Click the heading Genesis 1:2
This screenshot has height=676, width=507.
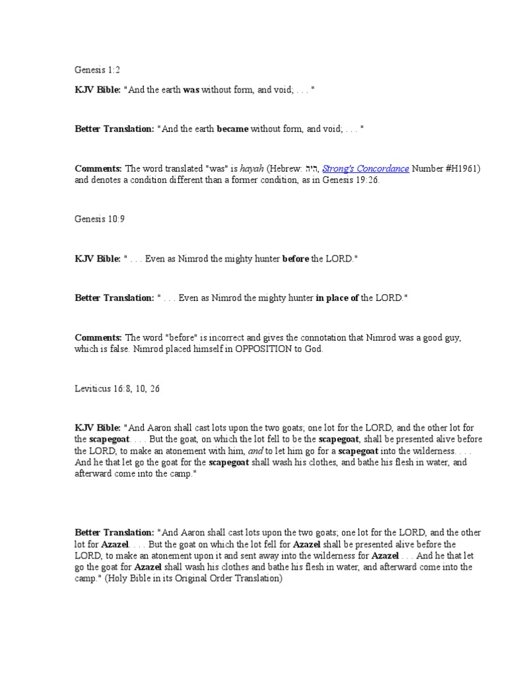[x=97, y=69]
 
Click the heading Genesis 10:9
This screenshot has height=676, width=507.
[x=99, y=219]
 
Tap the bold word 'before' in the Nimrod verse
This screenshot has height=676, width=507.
[x=296, y=259]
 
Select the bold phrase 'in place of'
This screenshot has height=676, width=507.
[x=337, y=298]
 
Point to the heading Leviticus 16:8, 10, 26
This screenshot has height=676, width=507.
[x=118, y=389]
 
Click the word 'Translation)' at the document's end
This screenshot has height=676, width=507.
[x=259, y=578]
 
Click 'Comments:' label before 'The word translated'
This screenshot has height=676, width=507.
[x=98, y=169]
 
